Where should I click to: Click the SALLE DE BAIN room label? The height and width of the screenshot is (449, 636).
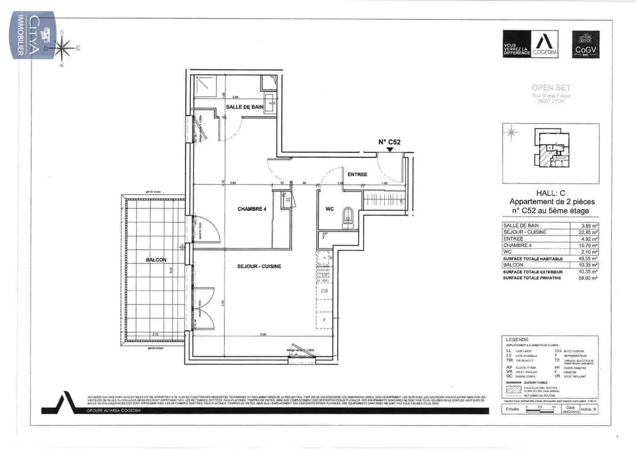click(244, 107)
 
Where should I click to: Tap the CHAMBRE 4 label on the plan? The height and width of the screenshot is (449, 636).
click(252, 209)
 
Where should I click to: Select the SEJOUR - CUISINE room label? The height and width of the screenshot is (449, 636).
click(259, 266)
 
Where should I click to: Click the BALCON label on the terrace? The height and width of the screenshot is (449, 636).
click(156, 260)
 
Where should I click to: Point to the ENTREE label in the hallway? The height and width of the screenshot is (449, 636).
click(357, 174)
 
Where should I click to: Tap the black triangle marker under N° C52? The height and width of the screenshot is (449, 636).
click(390, 150)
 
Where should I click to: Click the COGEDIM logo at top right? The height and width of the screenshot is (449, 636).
click(530, 44)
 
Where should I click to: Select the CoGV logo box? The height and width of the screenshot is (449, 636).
click(586, 44)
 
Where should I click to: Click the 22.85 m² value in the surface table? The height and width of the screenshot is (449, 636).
click(589, 232)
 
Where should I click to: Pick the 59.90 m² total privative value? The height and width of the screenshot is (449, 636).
click(589, 278)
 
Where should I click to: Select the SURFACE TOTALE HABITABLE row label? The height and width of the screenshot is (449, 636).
click(533, 259)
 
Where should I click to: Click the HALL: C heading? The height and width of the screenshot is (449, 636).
click(550, 193)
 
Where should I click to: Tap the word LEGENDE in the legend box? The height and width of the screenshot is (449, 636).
click(517, 340)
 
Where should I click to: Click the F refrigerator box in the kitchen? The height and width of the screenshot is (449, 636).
click(324, 320)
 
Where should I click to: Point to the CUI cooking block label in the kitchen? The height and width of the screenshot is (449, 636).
click(324, 291)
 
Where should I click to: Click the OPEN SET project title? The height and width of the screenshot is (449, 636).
click(551, 88)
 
